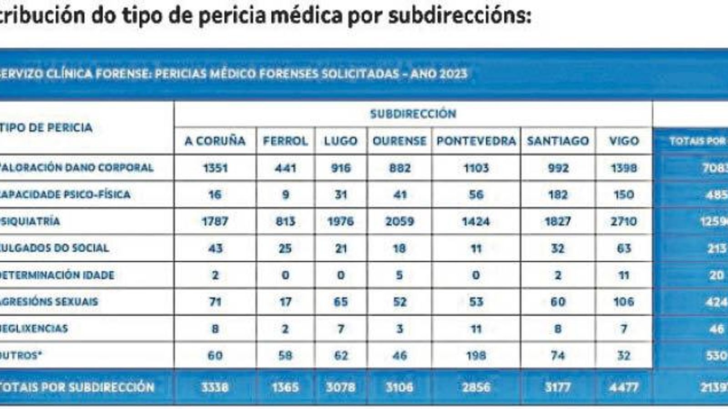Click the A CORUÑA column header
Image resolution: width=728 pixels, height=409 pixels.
[215, 141]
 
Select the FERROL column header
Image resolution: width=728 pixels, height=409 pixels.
[285, 141]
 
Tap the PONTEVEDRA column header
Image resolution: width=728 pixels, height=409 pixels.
[476, 141]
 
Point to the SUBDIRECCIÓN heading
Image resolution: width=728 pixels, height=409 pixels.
[413, 114]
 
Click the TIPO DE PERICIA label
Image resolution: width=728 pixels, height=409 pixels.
[46, 128]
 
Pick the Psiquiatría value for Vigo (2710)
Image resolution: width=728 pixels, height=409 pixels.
[623, 221]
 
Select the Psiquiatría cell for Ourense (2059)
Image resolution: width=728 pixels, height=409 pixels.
[399, 221]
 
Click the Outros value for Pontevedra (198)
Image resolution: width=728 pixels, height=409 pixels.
[476, 355]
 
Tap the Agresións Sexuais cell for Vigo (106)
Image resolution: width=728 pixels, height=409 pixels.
[623, 302]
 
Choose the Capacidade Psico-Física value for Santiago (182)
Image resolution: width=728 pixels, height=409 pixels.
[558, 195]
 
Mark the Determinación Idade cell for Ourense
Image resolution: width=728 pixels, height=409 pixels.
[399, 275]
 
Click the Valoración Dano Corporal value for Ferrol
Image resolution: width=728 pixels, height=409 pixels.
[285, 168]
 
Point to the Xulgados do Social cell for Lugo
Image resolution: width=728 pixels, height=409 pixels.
[341, 248]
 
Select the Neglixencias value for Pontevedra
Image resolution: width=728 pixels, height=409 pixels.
[476, 329]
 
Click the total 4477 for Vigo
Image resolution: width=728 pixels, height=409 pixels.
[623, 388]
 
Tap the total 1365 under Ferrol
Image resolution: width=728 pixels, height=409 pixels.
[285, 388]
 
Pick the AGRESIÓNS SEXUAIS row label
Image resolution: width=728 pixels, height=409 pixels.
[49, 302]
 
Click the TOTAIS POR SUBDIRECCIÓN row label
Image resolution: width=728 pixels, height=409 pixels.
[77, 388]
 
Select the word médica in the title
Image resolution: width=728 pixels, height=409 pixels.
[306, 15]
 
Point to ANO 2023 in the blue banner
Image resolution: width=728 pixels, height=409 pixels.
[439, 74]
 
